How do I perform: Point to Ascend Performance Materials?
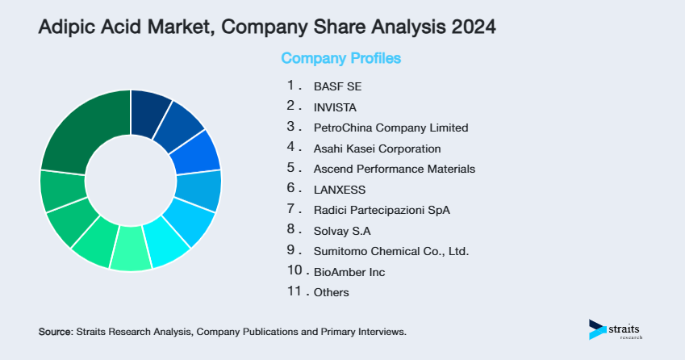394,169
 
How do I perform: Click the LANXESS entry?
340,190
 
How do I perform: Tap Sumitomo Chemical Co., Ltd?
391,251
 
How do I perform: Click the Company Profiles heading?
340,59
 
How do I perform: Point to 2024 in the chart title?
472,27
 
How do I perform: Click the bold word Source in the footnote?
55,332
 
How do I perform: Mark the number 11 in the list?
294,291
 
